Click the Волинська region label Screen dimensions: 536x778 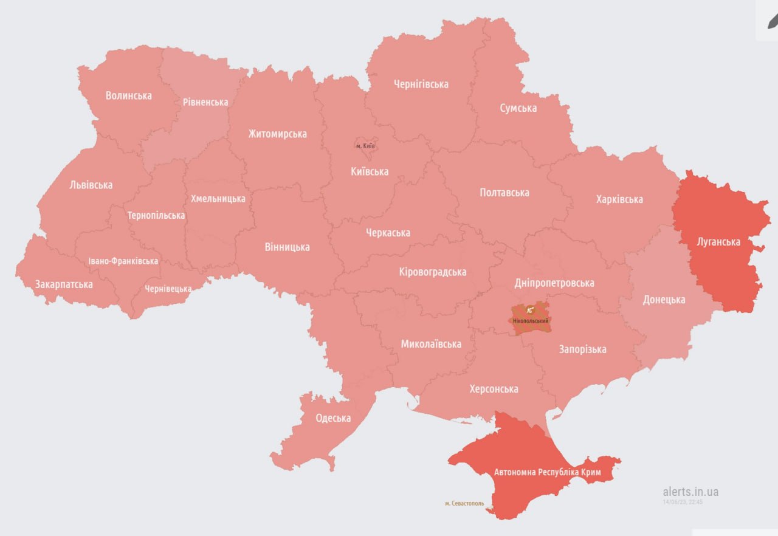click(x=128, y=95)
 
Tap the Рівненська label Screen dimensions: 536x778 click(x=205, y=101)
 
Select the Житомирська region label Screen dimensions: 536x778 click(x=277, y=134)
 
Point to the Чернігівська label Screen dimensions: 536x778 click(x=421, y=84)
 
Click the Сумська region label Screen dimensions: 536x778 click(x=518, y=108)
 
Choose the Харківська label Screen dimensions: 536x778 click(x=619, y=199)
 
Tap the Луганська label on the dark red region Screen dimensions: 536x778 click(x=718, y=241)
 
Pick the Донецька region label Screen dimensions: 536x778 click(x=664, y=299)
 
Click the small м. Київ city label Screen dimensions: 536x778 click(x=365, y=146)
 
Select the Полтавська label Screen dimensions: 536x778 click(x=504, y=192)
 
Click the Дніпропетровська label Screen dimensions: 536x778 click(x=554, y=283)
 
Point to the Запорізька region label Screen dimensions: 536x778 click(x=582, y=349)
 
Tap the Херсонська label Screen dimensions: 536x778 click(x=494, y=388)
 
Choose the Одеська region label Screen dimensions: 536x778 click(x=333, y=417)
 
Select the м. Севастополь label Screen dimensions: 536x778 click(x=464, y=503)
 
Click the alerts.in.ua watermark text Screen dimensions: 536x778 click(x=690, y=492)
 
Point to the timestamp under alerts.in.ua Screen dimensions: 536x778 click(x=683, y=502)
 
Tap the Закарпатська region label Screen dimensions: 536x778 click(x=64, y=284)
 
